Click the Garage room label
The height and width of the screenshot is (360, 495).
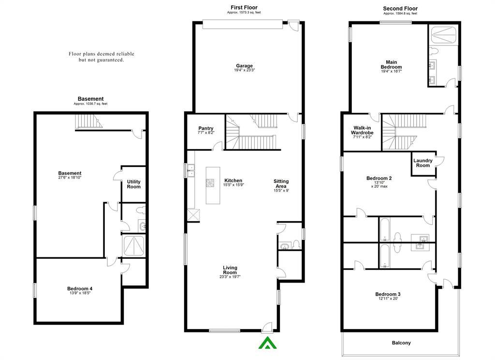[x=244, y=66]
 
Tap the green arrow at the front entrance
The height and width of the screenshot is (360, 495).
[x=267, y=343]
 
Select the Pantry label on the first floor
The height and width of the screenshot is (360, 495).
[x=206, y=128]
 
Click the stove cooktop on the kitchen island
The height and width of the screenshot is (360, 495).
[x=210, y=183]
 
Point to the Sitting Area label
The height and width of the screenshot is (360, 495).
[x=281, y=184]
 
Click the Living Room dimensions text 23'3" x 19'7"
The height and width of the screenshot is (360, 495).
[x=230, y=277]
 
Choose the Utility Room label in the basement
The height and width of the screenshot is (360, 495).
[x=133, y=184]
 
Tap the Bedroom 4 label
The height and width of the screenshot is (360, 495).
[x=80, y=288]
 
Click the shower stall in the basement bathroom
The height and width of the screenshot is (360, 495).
[x=133, y=245]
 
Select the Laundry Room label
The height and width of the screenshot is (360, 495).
[x=422, y=163]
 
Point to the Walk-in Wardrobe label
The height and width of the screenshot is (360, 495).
[x=362, y=130]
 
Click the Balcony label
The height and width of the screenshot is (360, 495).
[x=401, y=343]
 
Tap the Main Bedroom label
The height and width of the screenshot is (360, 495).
[x=391, y=64]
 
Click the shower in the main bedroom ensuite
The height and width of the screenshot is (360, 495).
[x=443, y=35]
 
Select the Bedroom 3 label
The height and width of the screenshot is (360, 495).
[x=388, y=294]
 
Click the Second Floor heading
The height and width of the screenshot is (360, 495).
[x=400, y=9]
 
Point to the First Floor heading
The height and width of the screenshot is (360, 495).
[x=244, y=7]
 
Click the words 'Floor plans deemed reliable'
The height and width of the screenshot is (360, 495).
[x=102, y=54]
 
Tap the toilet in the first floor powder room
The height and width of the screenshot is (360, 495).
[x=296, y=245]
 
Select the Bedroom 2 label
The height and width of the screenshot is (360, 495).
[x=379, y=178]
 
